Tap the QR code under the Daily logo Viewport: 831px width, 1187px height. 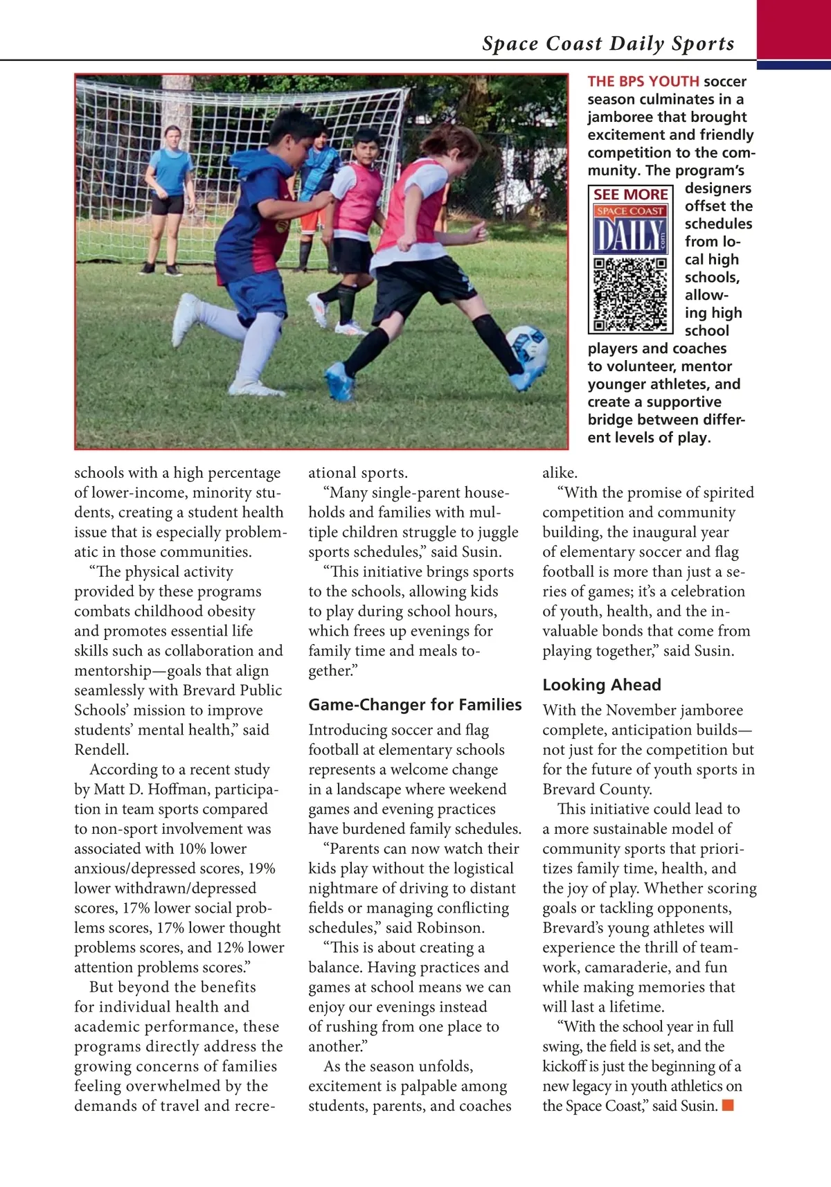tap(630, 294)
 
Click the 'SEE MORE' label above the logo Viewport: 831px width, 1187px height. tap(630, 195)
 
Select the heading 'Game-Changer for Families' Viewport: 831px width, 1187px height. tap(415, 704)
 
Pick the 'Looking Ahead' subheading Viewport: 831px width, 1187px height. tap(601, 684)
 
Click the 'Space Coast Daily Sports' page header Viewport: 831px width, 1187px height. tap(608, 44)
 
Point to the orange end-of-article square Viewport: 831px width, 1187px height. tap(727, 1105)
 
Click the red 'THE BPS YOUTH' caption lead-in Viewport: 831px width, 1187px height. tap(643, 82)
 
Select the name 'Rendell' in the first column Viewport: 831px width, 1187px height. tap(101, 749)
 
